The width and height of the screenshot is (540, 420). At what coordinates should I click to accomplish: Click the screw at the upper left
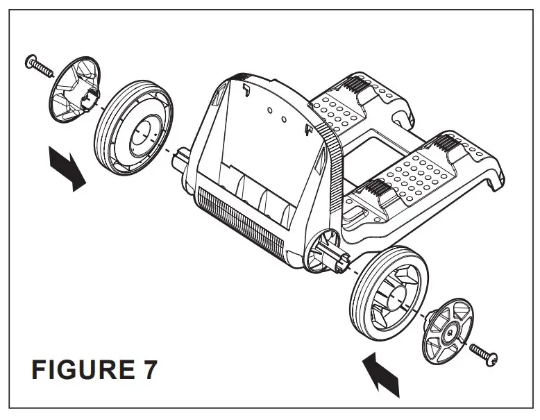pyautogui.click(x=40, y=65)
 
